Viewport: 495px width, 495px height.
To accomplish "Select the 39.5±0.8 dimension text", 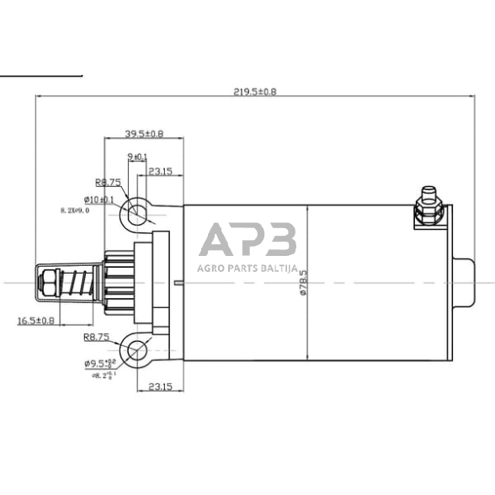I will pyautogui.click(x=144, y=134).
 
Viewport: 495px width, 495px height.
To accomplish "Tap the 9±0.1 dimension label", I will pyautogui.click(x=136, y=157).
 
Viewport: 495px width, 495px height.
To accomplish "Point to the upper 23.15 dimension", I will pyautogui.click(x=161, y=172).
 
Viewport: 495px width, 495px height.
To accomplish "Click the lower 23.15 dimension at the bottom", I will pyautogui.click(x=161, y=388).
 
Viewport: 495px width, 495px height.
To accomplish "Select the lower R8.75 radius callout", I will pyautogui.click(x=98, y=337).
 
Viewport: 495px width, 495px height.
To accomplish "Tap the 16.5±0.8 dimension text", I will pyautogui.click(x=35, y=320).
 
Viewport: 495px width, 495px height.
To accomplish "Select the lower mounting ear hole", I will pyautogui.click(x=135, y=349).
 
